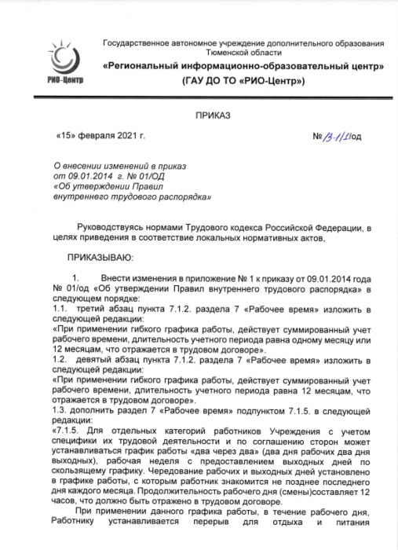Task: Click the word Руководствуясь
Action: tap(113, 228)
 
